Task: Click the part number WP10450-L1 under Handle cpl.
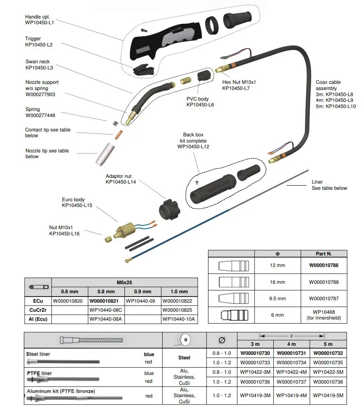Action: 39,23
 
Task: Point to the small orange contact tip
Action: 118,134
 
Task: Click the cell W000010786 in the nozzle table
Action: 324,265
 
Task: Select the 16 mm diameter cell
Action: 277,282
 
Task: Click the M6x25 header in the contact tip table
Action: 125,283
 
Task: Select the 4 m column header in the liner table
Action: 292,344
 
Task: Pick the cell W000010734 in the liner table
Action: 292,363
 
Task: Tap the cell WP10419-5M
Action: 328,396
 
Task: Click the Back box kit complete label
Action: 193,140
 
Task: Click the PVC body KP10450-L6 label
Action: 200,102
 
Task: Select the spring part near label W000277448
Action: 116,122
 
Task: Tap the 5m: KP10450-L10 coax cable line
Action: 335,106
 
